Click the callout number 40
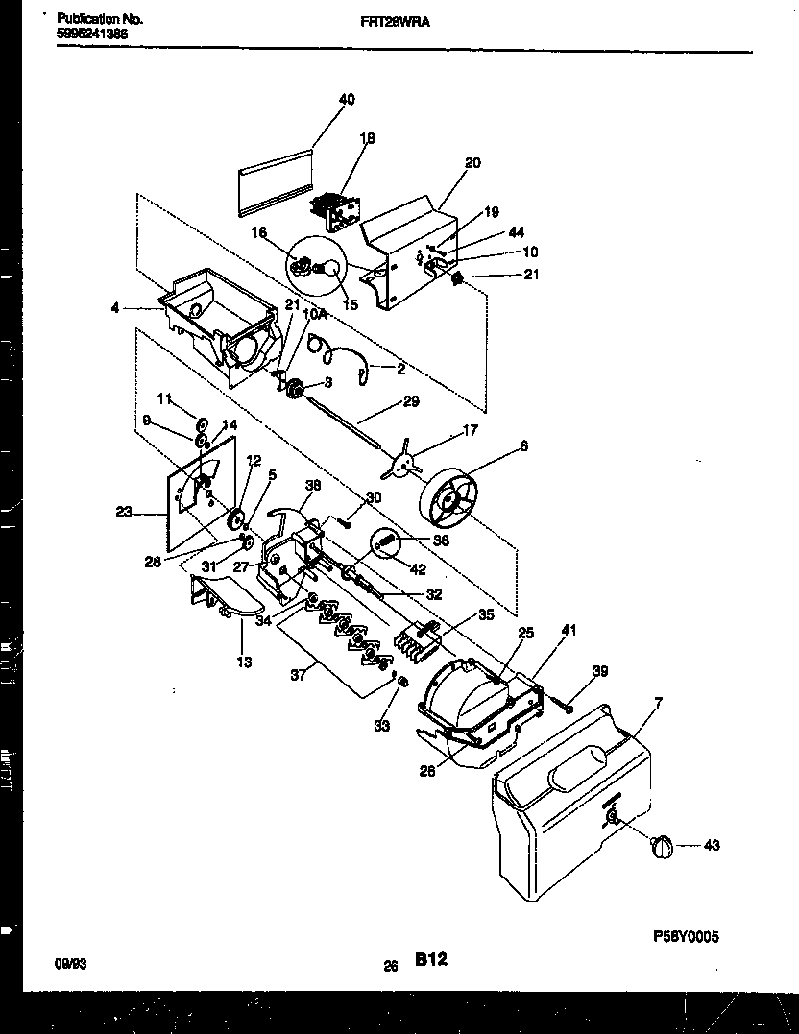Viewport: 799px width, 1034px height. [347, 99]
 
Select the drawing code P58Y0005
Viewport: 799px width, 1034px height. [686, 937]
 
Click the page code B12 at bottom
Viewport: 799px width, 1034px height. [430, 958]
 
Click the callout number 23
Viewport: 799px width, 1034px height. [124, 513]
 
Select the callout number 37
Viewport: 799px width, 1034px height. [298, 675]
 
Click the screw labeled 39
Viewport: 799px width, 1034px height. [568, 708]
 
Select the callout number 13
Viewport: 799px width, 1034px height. [244, 661]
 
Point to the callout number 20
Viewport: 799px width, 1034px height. [472, 163]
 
